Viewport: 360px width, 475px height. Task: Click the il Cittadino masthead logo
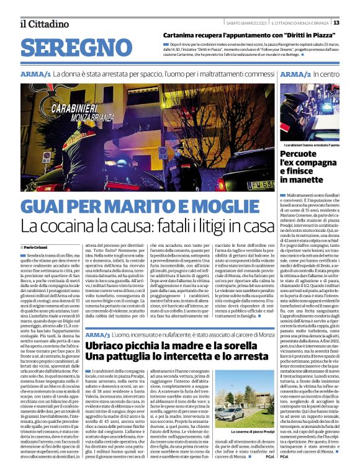pyautogui.click(x=43, y=24)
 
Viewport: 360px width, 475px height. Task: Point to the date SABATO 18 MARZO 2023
pyautogui.click(x=240, y=23)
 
